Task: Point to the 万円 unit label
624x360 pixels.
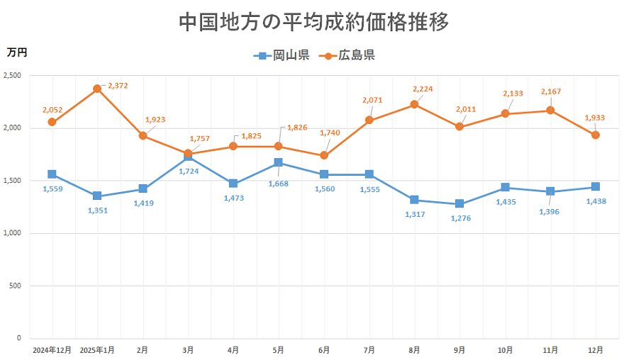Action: pos(16,52)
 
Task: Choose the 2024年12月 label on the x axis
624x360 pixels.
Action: pos(52,350)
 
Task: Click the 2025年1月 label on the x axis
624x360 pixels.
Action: pos(97,350)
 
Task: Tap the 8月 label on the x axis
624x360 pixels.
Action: pos(414,350)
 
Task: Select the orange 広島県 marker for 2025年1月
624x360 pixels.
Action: pos(97,89)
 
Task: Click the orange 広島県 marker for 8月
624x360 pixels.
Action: pos(414,104)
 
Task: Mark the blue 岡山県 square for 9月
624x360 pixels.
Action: pos(459,204)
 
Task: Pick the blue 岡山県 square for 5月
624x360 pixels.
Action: pos(279,163)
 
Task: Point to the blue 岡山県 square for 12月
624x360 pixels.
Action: pos(596,187)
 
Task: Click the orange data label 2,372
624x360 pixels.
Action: pos(118,86)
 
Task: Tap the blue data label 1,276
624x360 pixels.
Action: pos(462,218)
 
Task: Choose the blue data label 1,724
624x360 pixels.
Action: pos(189,171)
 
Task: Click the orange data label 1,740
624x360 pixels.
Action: pos(330,133)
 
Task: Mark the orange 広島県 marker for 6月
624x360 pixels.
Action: pos(324,155)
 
